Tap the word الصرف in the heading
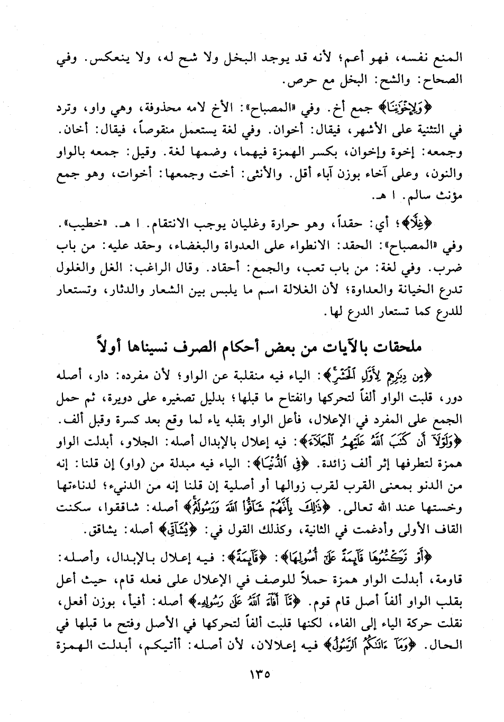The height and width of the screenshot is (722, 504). [x=211, y=347]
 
